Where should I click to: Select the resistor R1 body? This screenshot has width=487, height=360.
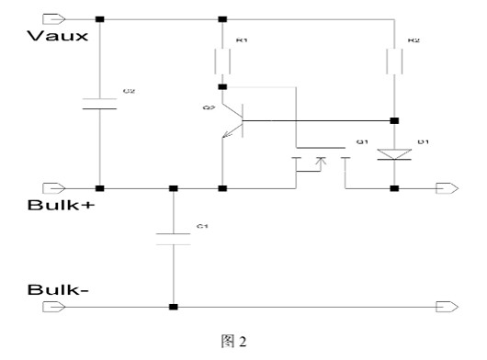click(x=221, y=62)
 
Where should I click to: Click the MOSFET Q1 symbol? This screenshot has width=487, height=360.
click(x=319, y=163)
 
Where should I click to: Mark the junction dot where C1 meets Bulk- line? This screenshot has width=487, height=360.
click(x=172, y=306)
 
